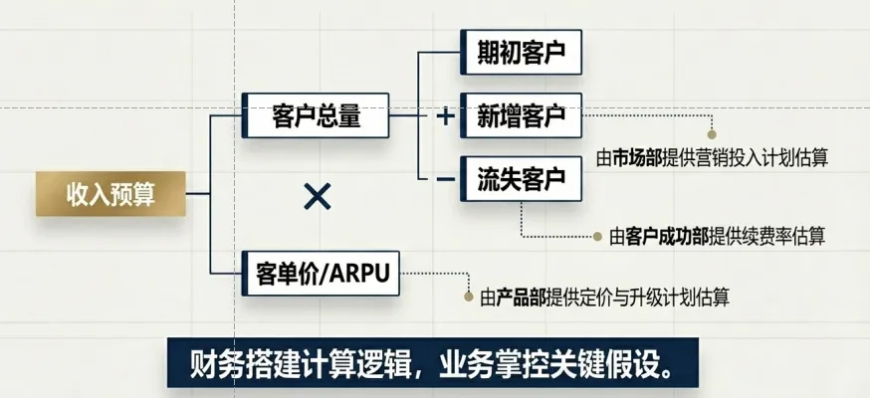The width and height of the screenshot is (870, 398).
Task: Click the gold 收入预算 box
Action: pyautogui.click(x=110, y=193)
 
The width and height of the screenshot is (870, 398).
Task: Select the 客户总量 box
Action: pyautogui.click(x=317, y=116)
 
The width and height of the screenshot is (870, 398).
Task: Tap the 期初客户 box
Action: pyautogui.click(x=522, y=53)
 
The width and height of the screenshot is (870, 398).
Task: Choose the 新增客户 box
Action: pyautogui.click(x=522, y=116)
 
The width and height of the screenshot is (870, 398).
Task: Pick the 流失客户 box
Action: pyautogui.click(x=522, y=179)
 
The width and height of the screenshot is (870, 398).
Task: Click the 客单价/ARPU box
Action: pyautogui.click(x=321, y=273)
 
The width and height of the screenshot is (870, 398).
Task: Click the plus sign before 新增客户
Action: pyautogui.click(x=445, y=117)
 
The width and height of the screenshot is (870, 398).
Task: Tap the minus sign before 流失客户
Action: pyautogui.click(x=445, y=179)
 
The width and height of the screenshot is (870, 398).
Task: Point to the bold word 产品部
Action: pyautogui.click(x=520, y=298)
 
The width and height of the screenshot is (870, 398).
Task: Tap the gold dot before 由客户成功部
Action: pyautogui.click(x=599, y=237)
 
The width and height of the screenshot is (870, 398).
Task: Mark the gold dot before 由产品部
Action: pyautogui.click(x=468, y=297)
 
